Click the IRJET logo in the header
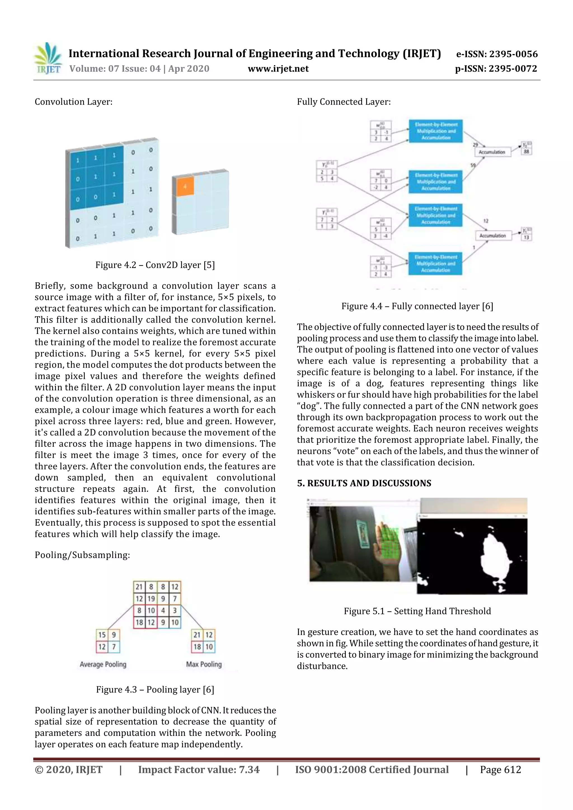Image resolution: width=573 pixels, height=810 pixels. pyautogui.click(x=48, y=58)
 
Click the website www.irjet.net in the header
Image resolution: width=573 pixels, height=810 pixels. pyautogui.click(x=278, y=69)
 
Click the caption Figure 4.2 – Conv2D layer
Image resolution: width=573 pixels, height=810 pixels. pyautogui.click(x=155, y=265)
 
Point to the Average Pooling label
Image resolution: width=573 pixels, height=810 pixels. pyautogui.click(x=103, y=664)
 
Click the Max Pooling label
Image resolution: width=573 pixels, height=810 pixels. pyautogui.click(x=204, y=664)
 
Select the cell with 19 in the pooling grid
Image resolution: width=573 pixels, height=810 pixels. pyautogui.click(x=151, y=598)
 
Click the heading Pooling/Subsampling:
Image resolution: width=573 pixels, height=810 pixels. pyautogui.click(x=82, y=555)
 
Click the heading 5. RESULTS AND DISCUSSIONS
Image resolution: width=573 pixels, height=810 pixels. pyautogui.click(x=364, y=483)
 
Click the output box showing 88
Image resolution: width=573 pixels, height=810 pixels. pyautogui.click(x=526, y=151)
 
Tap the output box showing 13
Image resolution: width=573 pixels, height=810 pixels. pyautogui.click(x=526, y=237)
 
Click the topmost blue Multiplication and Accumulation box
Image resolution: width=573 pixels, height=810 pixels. pyautogui.click(x=436, y=131)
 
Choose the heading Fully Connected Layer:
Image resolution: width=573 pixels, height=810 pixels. pyautogui.click(x=344, y=102)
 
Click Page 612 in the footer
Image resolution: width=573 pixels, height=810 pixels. pyautogui.click(x=500, y=769)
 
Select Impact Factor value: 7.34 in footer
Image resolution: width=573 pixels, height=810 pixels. pyautogui.click(x=199, y=769)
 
